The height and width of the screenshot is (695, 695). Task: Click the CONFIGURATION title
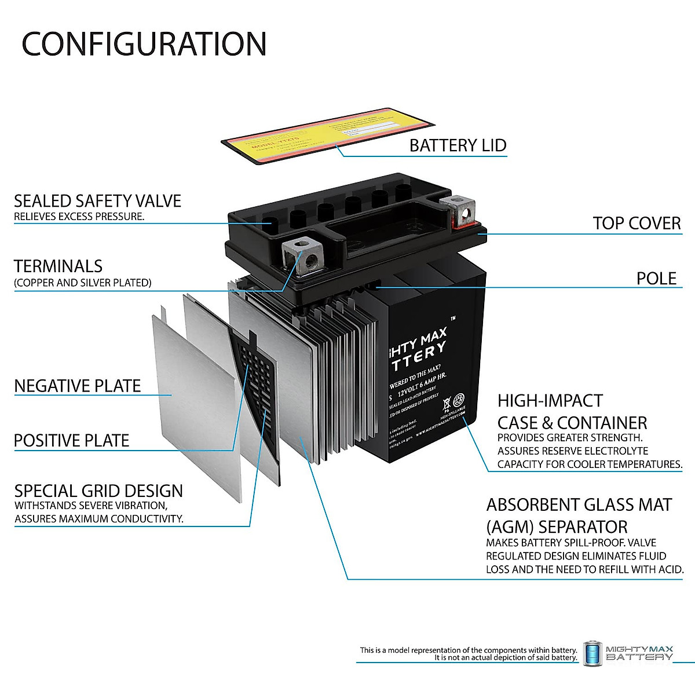tap(144, 44)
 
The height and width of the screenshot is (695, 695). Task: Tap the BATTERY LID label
tap(458, 145)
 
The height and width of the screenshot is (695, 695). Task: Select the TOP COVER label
tap(636, 224)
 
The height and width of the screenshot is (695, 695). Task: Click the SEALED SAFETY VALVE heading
tap(97, 201)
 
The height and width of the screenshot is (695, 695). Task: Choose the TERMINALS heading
tap(58, 266)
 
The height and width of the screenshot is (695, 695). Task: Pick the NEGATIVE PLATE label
tap(78, 386)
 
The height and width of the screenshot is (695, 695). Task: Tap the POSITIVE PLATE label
tap(71, 441)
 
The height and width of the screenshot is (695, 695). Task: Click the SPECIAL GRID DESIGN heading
tap(98, 491)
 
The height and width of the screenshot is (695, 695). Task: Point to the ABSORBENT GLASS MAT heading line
tap(579, 505)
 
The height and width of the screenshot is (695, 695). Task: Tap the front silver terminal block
tap(302, 255)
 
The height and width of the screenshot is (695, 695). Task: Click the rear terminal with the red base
tap(459, 212)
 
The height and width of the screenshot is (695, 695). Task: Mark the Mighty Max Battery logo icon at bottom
tap(592, 653)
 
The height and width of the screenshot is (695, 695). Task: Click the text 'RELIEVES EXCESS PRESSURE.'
tap(79, 217)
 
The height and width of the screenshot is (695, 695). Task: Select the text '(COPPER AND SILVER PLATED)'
tap(83, 283)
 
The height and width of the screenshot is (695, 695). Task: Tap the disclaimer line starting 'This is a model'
tap(468, 650)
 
